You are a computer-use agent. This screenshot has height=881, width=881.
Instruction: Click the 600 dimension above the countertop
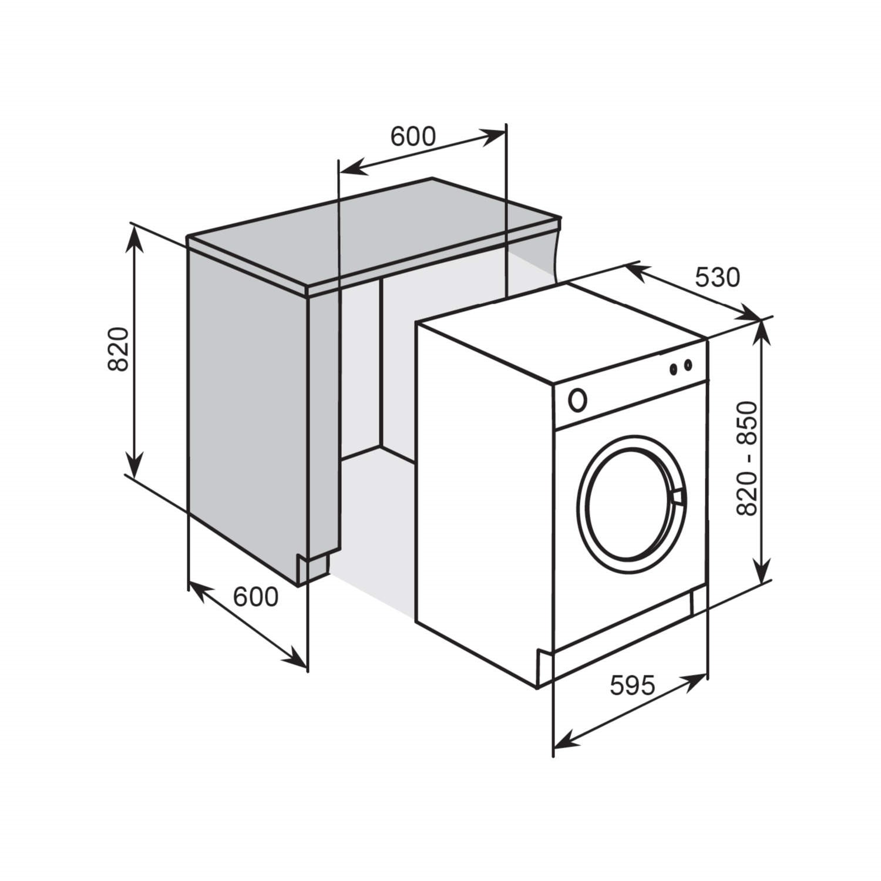[413, 137]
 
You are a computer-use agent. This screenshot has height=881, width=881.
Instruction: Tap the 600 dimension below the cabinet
[255, 597]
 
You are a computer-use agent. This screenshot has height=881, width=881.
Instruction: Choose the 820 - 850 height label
[747, 459]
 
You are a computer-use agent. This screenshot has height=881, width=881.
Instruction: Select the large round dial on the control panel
[577, 400]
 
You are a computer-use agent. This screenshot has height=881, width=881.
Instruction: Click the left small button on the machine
[674, 369]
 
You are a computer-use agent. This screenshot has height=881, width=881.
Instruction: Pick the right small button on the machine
[688, 365]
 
